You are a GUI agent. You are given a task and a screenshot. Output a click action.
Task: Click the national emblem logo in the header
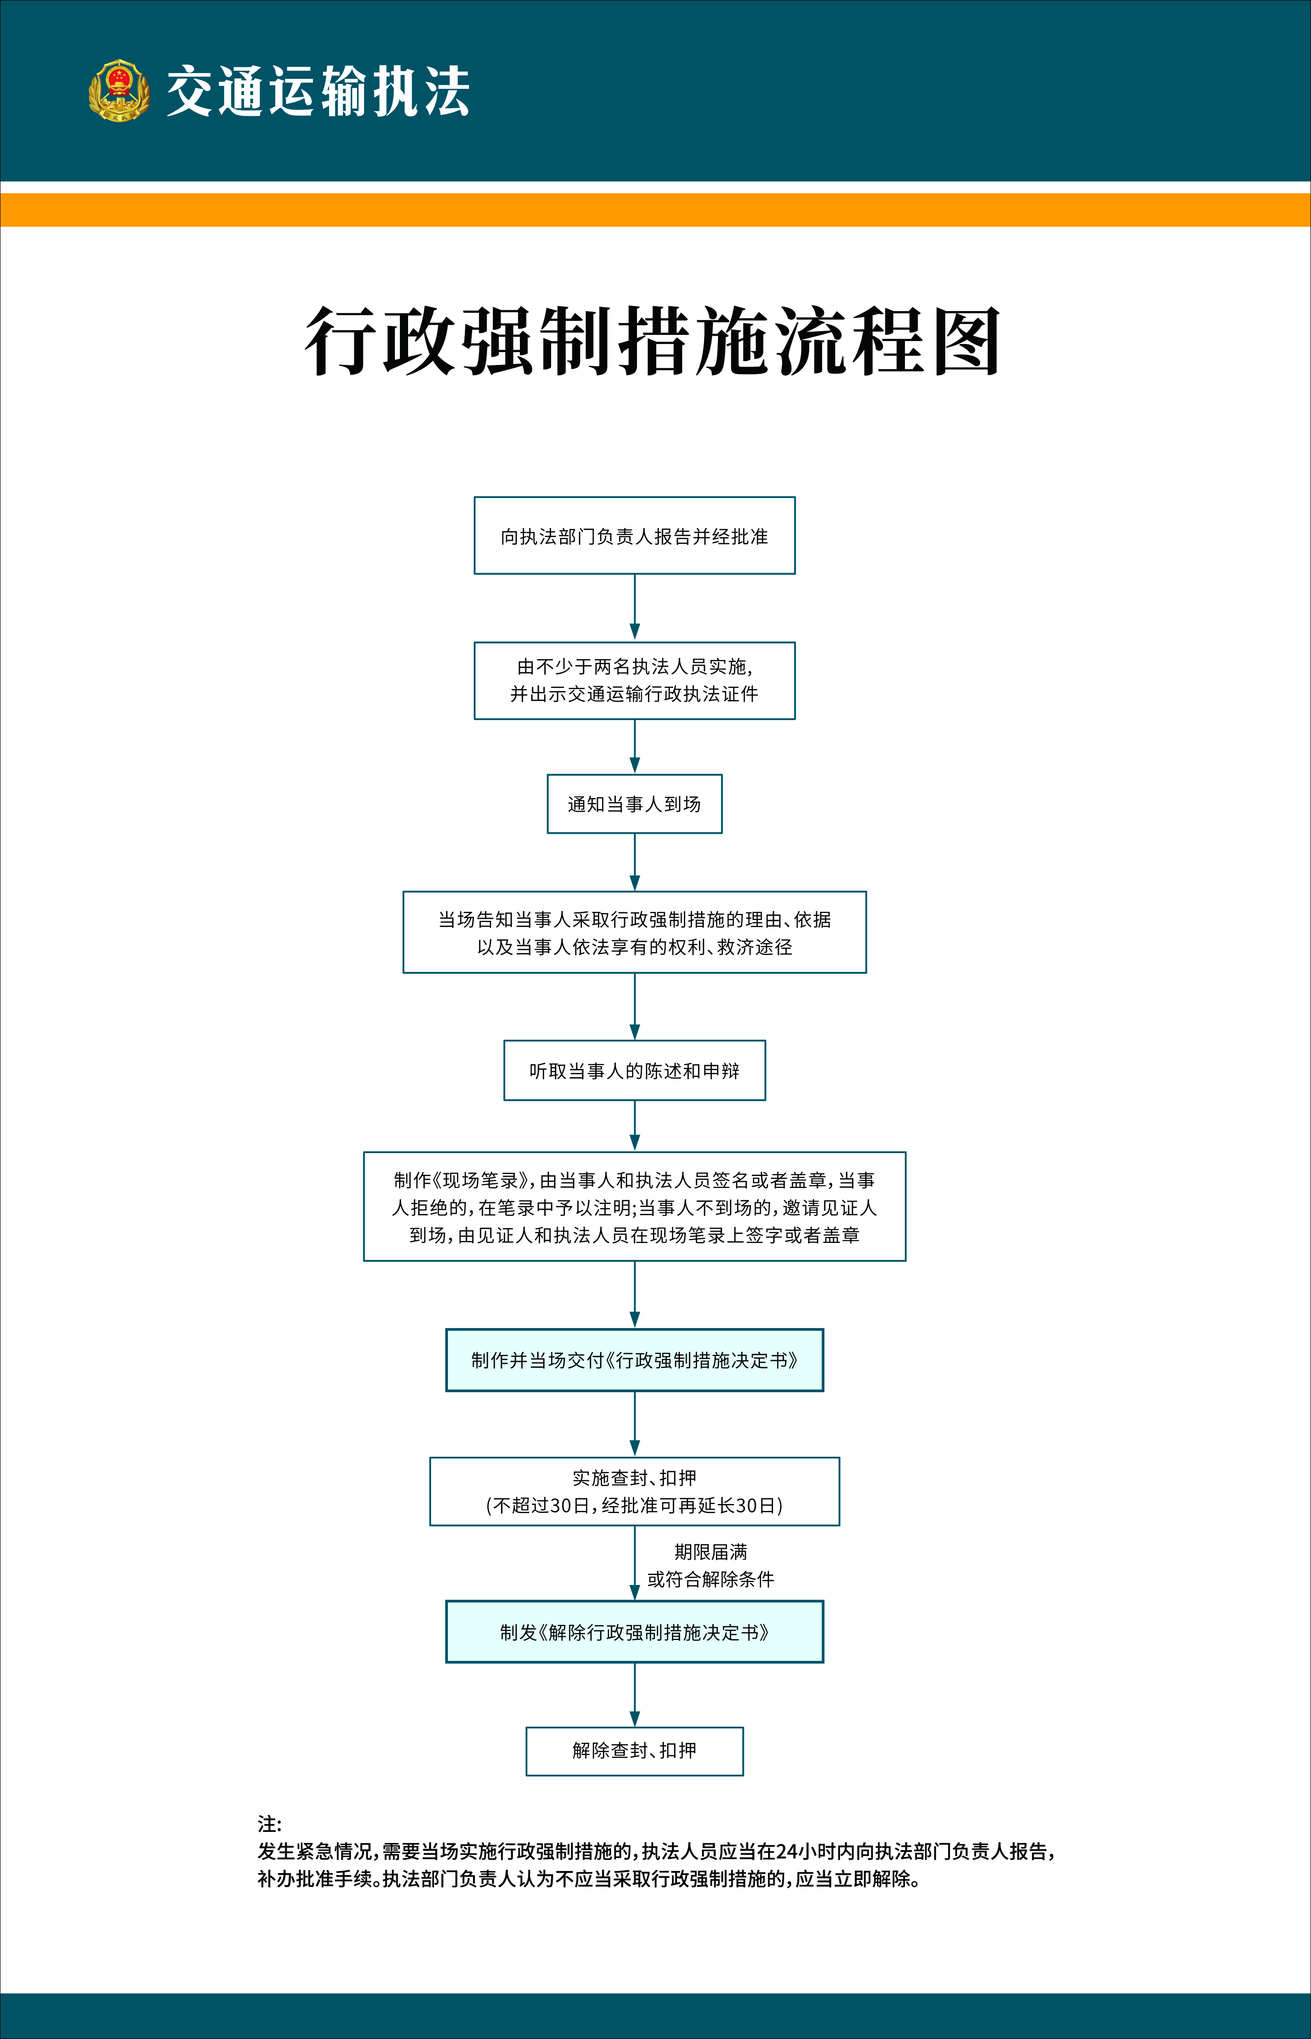119,90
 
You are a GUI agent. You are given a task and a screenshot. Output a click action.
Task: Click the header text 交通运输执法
318,91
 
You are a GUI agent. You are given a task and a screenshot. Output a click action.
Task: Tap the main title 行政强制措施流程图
653,341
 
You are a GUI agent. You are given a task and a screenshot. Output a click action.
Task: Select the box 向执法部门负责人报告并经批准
634,535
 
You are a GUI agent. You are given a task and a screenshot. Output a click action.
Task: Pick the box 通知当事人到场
634,803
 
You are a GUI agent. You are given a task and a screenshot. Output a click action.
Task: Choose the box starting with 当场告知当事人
634,932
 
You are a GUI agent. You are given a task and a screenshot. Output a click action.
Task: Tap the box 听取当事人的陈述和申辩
634,1070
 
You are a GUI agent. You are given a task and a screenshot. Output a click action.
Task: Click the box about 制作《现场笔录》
634,1207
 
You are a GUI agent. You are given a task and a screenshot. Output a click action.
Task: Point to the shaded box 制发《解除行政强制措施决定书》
634,1631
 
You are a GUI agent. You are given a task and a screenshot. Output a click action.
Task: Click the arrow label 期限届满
711,1551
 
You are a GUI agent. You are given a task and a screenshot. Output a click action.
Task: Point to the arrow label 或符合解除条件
711,1579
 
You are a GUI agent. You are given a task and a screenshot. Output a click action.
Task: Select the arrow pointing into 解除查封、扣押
634,1694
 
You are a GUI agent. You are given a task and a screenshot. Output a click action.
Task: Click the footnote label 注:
269,1824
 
